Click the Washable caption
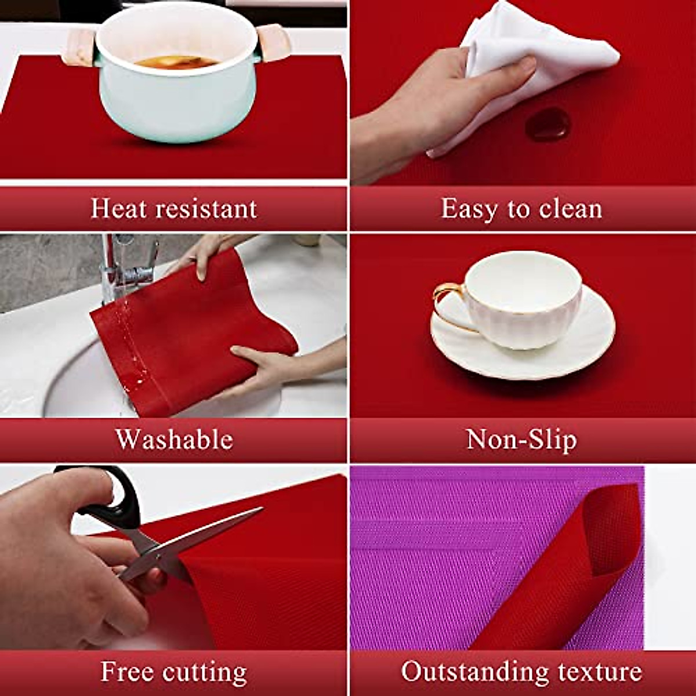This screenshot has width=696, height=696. point(174,440)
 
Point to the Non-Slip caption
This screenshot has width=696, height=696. point(521,440)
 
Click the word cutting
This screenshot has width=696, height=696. point(204,672)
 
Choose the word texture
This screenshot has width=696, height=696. point(600,672)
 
